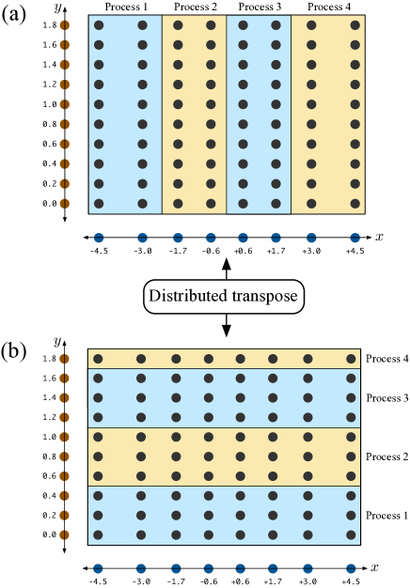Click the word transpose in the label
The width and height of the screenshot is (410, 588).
click(x=262, y=299)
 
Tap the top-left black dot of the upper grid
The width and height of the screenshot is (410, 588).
click(x=98, y=25)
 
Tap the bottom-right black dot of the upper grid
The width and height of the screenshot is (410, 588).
click(x=355, y=203)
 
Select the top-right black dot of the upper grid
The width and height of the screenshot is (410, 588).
click(x=355, y=25)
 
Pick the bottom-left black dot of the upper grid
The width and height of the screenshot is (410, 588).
click(x=98, y=203)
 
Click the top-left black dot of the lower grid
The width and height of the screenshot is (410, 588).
click(x=98, y=359)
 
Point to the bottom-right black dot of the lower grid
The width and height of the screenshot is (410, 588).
click(x=351, y=535)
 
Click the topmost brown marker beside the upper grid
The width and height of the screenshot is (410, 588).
click(x=64, y=25)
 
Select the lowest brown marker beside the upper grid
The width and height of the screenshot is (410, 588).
click(x=64, y=203)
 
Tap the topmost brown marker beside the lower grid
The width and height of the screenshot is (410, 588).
click(x=64, y=359)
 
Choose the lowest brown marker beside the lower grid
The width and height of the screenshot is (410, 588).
click(x=64, y=535)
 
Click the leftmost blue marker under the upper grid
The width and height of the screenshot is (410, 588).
click(x=98, y=238)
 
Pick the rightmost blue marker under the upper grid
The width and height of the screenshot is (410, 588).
click(x=355, y=238)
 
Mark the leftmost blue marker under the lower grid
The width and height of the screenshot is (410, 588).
click(x=98, y=568)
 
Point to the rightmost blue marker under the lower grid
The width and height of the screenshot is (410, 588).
click(x=351, y=568)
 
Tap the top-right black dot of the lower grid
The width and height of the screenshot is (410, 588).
click(x=351, y=359)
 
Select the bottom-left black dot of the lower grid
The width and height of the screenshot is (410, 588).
click(x=98, y=535)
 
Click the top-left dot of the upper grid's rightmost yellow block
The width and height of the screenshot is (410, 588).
click(x=310, y=25)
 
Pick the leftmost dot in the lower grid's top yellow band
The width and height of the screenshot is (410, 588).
click(x=98, y=359)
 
